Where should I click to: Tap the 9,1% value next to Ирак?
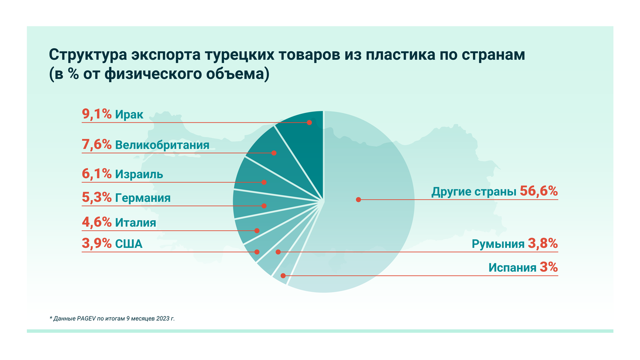point(96,114)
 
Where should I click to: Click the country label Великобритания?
point(162,145)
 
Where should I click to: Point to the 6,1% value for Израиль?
point(96,174)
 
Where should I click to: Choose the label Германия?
point(143,198)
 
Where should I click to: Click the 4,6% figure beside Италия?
point(96,222)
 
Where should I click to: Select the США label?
point(129,244)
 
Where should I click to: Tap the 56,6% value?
point(538,191)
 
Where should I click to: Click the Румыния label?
point(498,244)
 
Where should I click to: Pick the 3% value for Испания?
point(549,267)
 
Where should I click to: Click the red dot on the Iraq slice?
point(309,122)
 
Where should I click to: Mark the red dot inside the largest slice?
point(358,199)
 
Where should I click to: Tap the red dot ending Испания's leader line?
point(283,276)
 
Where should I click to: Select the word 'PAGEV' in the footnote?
point(87,319)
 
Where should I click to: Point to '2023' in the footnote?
point(161,319)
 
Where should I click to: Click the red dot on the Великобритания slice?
point(274,153)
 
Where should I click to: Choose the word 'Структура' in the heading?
point(87,55)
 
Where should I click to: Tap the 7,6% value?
point(96,145)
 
